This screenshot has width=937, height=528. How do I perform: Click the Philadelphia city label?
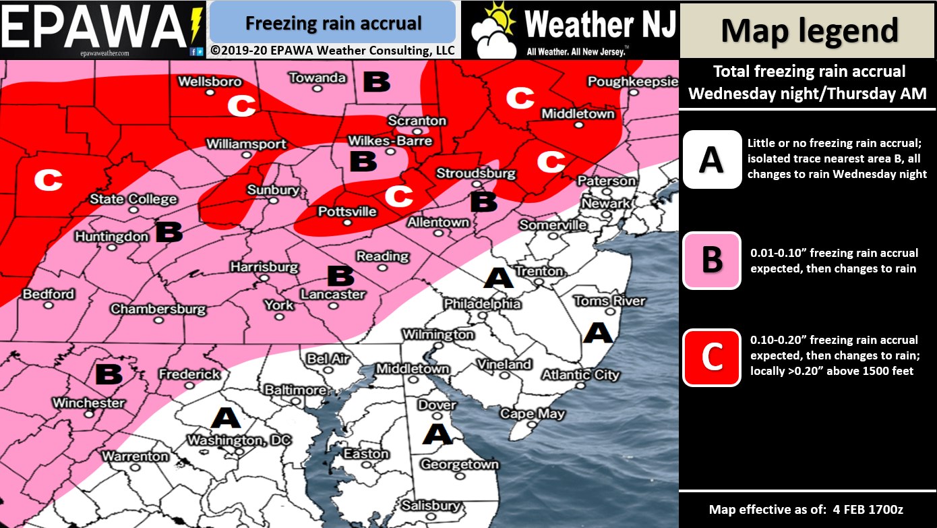[482, 304]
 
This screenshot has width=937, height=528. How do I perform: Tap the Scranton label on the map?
[417, 121]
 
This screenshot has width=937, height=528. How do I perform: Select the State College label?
[134, 199]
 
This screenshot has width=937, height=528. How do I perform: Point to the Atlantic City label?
[580, 374]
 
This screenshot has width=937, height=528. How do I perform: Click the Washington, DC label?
[239, 440]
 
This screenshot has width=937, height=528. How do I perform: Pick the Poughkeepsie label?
[632, 82]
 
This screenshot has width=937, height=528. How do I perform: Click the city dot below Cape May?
[531, 426]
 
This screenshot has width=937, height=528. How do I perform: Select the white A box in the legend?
[712, 160]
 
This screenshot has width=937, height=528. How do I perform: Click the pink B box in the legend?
[712, 260]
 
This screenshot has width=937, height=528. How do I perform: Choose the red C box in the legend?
[712, 357]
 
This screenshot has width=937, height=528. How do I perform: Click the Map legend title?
[809, 30]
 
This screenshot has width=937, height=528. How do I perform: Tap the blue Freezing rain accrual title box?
[333, 23]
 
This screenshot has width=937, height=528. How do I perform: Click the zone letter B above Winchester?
[108, 373]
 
